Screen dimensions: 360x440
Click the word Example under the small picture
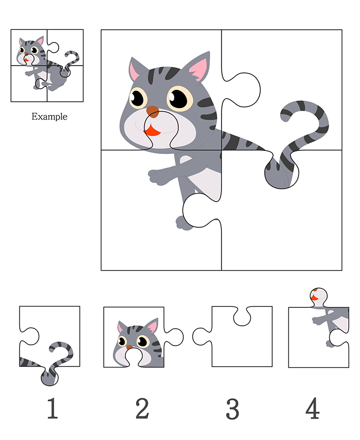[x=49, y=116]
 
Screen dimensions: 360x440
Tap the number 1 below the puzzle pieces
[x=53, y=408]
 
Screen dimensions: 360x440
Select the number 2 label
[x=142, y=408]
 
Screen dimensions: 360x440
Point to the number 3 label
[x=232, y=409]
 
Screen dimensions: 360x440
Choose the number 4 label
[x=312, y=408]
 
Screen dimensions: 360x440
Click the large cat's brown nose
[x=152, y=111]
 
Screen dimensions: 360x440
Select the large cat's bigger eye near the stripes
[x=180, y=98]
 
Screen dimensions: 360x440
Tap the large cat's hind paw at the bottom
[x=183, y=223]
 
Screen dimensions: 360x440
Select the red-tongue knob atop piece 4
[x=318, y=297]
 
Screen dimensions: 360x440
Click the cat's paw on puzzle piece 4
[x=318, y=321]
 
